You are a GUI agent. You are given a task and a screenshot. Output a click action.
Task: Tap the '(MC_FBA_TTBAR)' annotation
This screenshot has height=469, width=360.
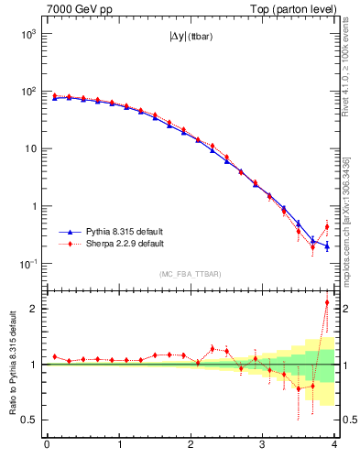pos(190,274)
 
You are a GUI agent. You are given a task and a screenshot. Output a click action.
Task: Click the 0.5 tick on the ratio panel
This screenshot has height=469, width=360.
pos(31,420)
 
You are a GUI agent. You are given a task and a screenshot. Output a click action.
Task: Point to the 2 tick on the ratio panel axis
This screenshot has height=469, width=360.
pos(35,308)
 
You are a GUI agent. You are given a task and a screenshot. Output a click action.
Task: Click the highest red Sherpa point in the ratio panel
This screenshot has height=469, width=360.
pos(327,302)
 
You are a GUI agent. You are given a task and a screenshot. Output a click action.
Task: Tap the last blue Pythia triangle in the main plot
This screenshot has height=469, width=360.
pos(327,245)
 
